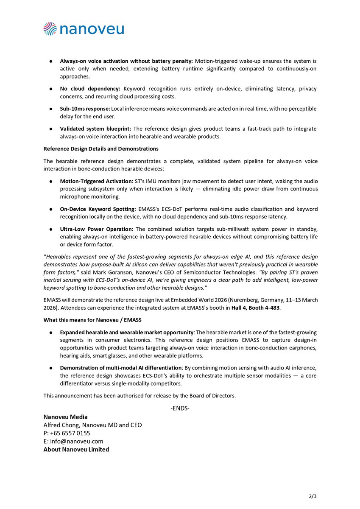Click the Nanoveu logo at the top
click(x=84, y=29)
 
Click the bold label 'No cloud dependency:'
click(x=90, y=89)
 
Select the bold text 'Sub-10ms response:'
click(x=85, y=109)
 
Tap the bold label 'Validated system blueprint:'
click(x=95, y=129)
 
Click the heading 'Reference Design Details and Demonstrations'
click(x=101, y=149)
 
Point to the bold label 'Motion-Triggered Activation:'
click(x=96, y=182)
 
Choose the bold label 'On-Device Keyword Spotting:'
click(x=98, y=210)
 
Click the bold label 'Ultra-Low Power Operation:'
click(x=97, y=229)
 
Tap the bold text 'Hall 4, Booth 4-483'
click(x=255, y=308)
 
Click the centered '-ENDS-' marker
click(x=180, y=408)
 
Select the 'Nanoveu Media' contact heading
click(x=65, y=417)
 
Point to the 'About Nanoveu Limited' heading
click(x=76, y=450)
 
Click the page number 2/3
click(x=313, y=496)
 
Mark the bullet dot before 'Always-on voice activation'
click(x=50, y=61)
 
